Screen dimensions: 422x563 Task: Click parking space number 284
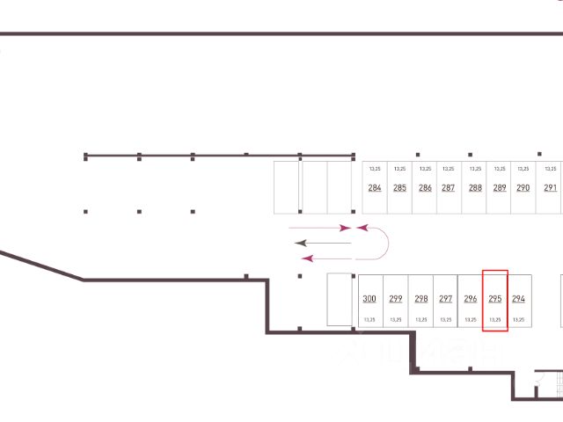point(375,187)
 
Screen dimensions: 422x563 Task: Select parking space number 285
point(399,187)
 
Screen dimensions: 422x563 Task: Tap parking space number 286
point(425,187)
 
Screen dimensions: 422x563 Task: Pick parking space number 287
point(448,187)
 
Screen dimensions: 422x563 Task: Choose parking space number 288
point(475,187)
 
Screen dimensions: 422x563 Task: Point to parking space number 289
point(500,187)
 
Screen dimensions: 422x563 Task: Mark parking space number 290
point(523,187)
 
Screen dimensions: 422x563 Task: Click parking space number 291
point(551,187)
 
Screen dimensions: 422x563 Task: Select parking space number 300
point(369,299)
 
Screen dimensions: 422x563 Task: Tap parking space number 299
point(395,299)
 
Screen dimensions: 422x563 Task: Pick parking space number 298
point(420,299)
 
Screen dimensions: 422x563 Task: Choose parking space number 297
point(445,299)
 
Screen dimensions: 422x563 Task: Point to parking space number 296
point(471,299)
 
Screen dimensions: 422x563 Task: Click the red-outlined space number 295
point(495,299)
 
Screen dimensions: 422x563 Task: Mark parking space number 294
point(518,299)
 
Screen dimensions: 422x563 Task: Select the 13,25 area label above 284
point(375,168)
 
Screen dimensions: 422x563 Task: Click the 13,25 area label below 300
point(369,320)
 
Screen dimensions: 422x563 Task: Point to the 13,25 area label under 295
point(495,320)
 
